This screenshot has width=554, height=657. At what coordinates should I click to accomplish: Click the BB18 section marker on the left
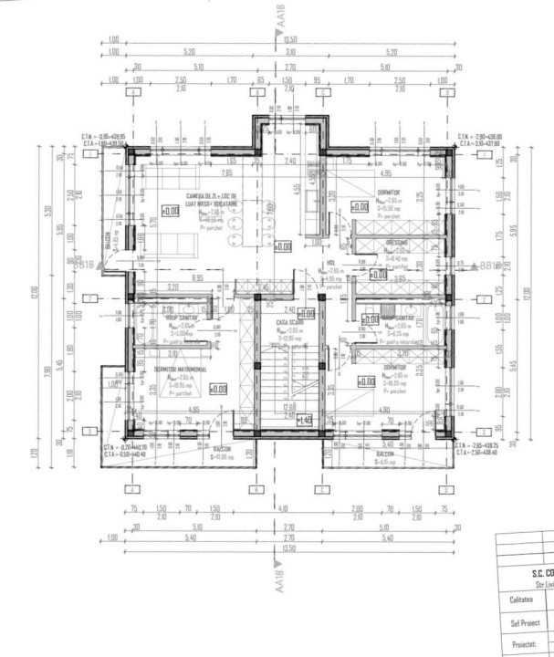tap(79, 266)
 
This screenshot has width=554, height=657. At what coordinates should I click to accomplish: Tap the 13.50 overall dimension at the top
tap(291, 40)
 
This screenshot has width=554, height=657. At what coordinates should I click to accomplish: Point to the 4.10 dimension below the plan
tap(282, 508)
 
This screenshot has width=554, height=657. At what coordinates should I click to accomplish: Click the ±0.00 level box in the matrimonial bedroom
tap(217, 389)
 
